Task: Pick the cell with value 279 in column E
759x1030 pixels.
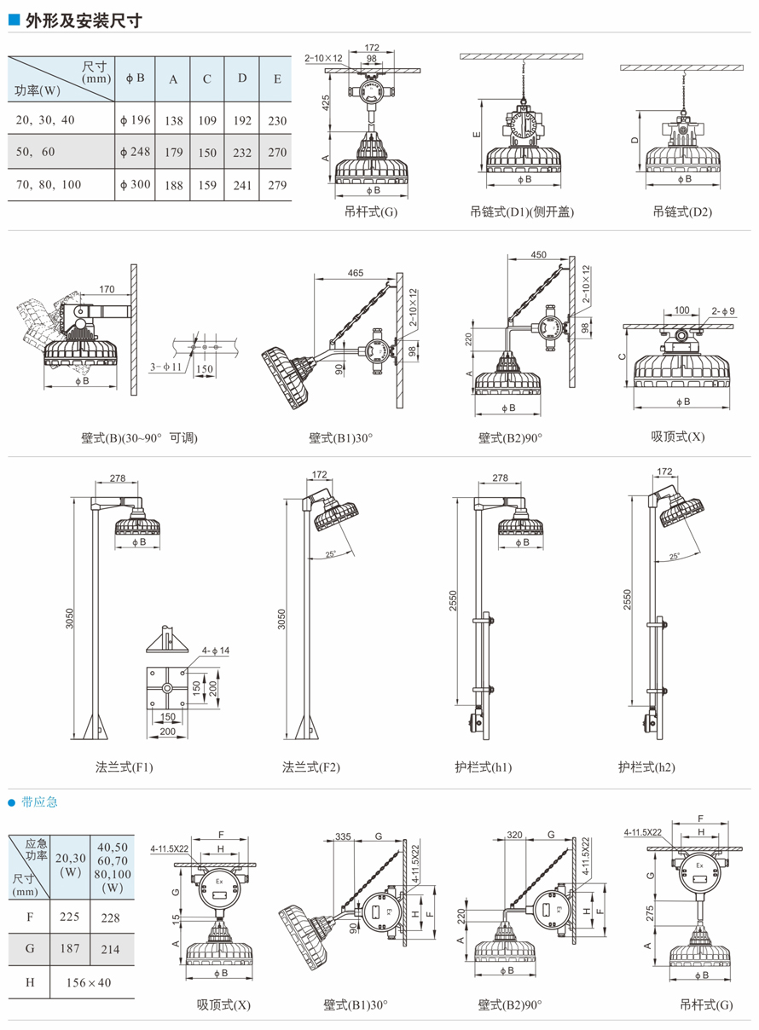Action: pos(277,185)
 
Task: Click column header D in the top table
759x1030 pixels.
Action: pos(242,78)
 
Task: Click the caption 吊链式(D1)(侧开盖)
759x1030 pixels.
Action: pos(522,211)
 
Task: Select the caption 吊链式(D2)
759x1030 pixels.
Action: pos(682,211)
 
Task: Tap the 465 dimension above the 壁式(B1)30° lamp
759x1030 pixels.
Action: pos(356,273)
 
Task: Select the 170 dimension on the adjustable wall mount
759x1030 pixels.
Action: pos(106,289)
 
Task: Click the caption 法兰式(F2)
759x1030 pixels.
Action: pos(311,767)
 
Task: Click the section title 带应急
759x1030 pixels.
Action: pos(40,802)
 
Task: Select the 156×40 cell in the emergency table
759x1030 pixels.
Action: pos(88,982)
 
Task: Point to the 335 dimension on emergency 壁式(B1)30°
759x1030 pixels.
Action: pos(343,836)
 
